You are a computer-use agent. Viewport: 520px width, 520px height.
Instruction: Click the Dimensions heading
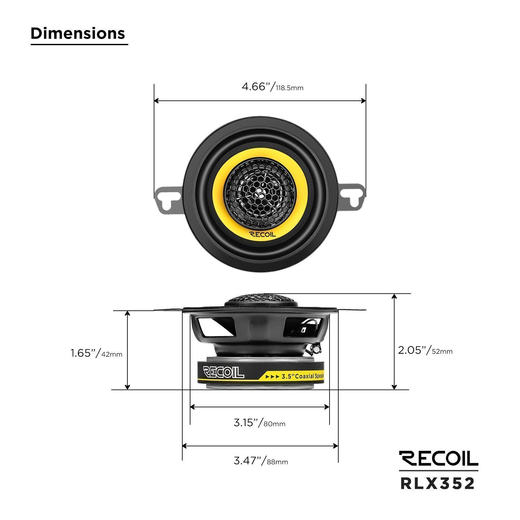tap(78, 33)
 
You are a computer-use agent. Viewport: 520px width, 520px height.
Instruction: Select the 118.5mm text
tap(290, 88)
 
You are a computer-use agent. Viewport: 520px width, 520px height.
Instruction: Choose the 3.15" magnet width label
tap(247, 423)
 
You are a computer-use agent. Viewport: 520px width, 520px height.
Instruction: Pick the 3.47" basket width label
tap(249, 461)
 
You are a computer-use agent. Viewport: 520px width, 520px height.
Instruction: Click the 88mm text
tap(277, 462)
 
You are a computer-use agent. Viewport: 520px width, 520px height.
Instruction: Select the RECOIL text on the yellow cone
tap(262, 235)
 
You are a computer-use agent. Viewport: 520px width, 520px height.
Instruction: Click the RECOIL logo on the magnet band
tap(223, 372)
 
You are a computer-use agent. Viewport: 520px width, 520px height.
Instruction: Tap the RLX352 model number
tap(437, 484)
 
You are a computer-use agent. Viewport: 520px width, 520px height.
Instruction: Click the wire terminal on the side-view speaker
tap(315, 349)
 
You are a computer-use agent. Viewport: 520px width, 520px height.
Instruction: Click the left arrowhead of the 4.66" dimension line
tap(156, 101)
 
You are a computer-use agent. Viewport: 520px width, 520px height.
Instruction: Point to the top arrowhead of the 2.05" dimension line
tap(394, 296)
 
